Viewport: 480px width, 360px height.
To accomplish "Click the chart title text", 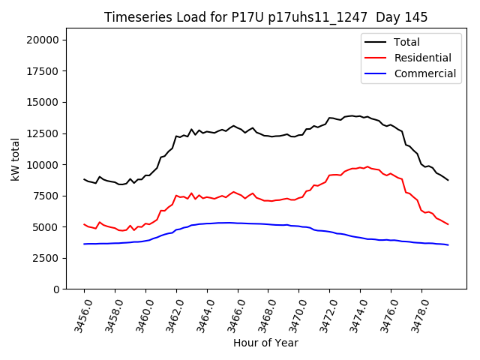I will point(265,17).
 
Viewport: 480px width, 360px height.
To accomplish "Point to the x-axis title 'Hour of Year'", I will point(265,343).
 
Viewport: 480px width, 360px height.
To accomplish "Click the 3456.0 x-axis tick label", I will point(79,314).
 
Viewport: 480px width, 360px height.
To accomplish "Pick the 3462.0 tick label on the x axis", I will point(171,314).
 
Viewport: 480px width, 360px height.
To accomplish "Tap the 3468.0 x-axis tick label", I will point(262,314).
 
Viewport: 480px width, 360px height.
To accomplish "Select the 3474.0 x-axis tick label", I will point(355,314).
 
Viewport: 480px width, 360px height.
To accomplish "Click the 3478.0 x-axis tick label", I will point(416,314).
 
